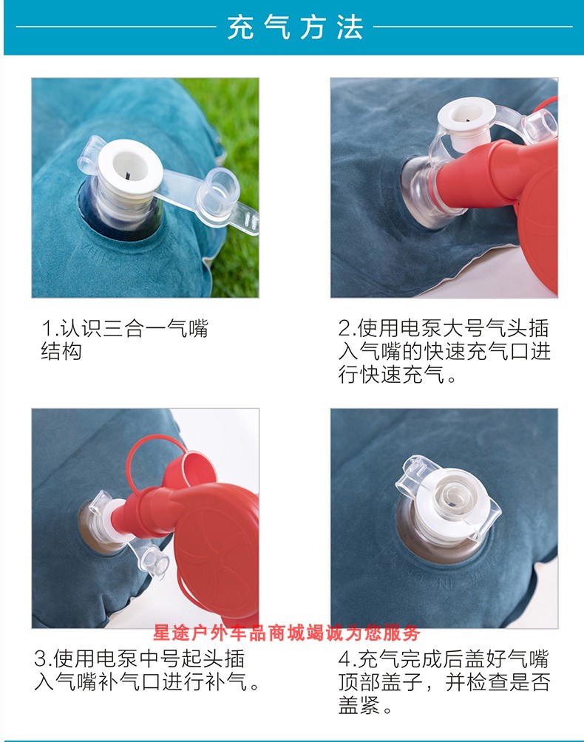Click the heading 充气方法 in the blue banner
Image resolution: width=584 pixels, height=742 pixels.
coord(295,27)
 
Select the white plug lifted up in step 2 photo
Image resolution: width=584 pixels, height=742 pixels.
coord(466,120)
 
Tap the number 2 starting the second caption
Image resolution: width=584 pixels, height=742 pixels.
coord(344,328)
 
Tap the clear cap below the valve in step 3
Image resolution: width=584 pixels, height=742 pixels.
coord(155,562)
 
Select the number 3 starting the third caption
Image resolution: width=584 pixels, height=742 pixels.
coord(40,659)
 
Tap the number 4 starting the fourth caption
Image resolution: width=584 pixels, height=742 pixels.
coord(344,659)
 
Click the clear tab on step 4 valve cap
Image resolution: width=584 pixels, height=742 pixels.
coord(411,474)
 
